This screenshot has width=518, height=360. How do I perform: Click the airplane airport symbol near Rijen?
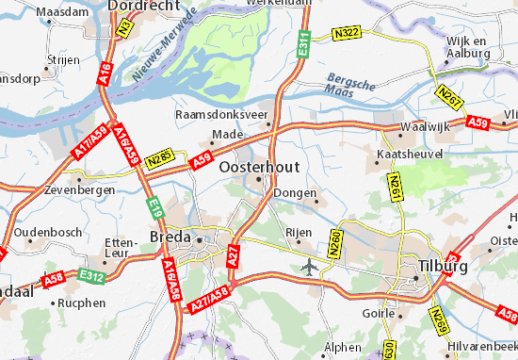coord(309,267)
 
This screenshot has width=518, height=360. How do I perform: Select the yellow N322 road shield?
coord(348,34)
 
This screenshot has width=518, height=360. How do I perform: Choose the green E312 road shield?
coord(90,276)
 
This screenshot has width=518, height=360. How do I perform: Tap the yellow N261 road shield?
coord(395,186)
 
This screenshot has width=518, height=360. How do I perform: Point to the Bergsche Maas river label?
coord(347,84)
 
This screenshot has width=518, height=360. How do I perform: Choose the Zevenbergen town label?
coord(80,189)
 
